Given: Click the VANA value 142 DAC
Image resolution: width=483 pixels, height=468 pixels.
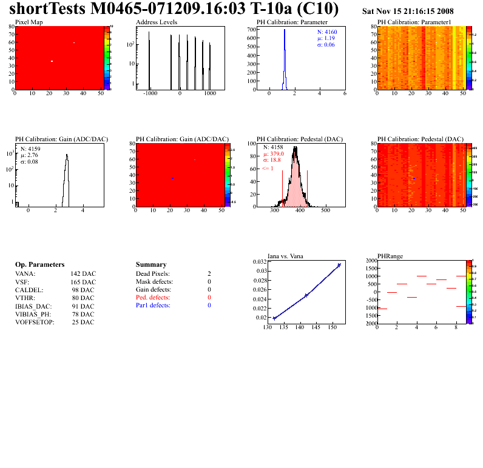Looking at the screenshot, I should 83,274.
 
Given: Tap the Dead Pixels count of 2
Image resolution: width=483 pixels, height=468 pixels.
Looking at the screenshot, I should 209,274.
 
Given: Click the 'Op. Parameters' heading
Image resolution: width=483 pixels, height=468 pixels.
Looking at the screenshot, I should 39,265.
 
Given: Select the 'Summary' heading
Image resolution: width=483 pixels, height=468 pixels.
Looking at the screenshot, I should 151,265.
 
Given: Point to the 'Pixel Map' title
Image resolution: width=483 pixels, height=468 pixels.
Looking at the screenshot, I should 29,22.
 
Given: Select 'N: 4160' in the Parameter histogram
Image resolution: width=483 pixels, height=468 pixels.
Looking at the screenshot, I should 327,31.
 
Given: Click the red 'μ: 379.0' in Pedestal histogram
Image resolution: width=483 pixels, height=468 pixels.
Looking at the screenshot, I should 273,154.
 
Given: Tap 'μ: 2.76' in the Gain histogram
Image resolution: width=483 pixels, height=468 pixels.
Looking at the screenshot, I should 30,155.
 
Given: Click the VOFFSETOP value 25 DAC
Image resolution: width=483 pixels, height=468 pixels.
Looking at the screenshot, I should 83,322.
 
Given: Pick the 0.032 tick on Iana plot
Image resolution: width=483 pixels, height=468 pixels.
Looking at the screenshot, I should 258,261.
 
